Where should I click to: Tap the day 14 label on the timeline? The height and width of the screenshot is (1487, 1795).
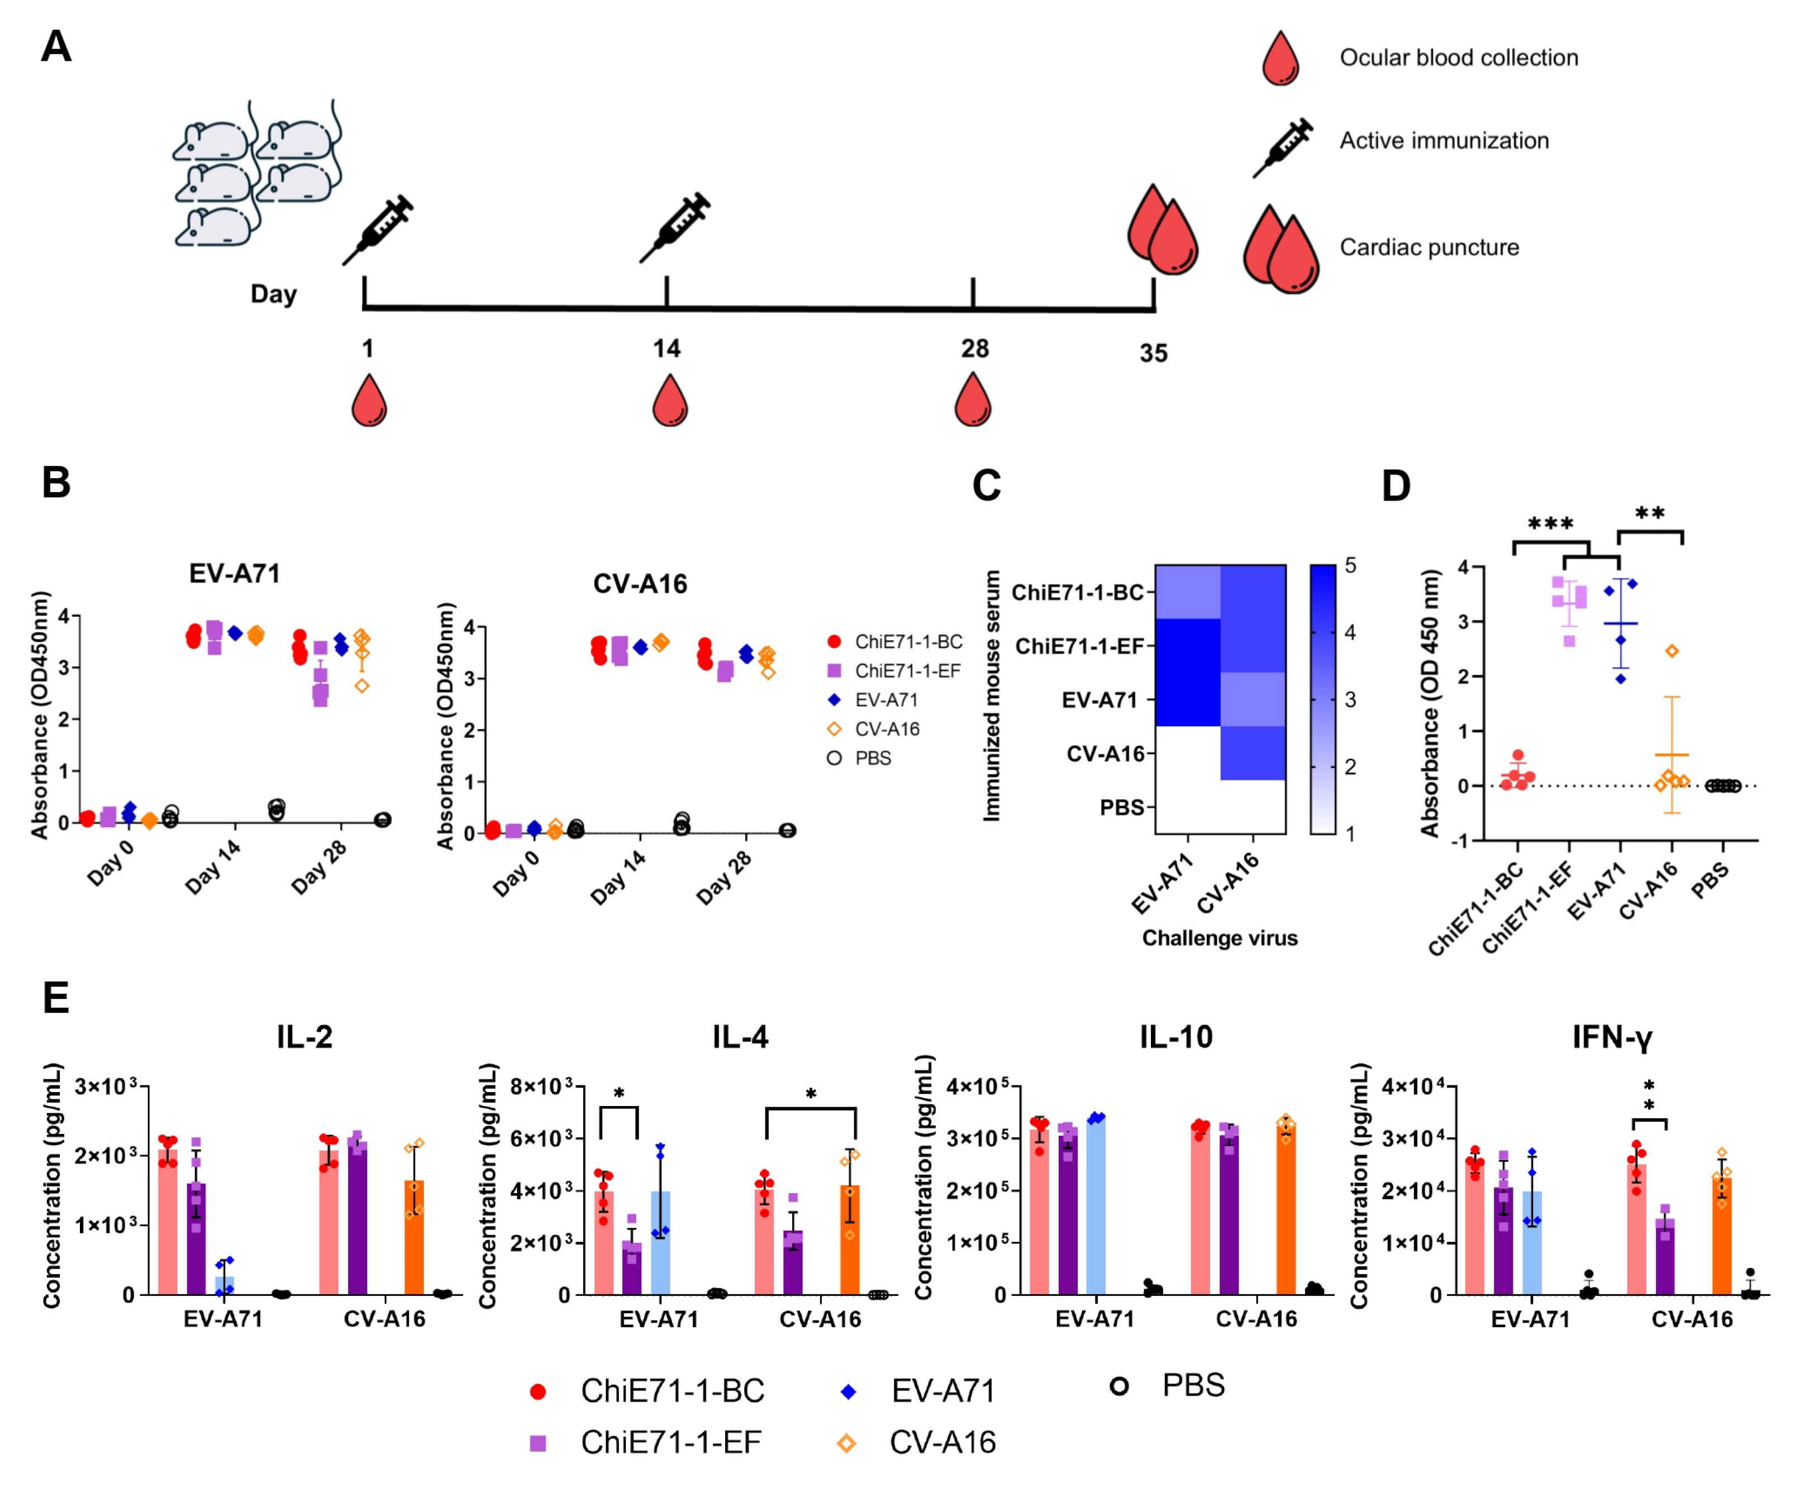(x=666, y=349)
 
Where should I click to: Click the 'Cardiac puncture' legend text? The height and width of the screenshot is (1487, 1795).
(x=1429, y=248)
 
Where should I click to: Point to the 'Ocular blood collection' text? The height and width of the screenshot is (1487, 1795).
(x=1458, y=58)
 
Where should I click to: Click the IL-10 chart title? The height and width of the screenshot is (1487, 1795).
(x=1175, y=1037)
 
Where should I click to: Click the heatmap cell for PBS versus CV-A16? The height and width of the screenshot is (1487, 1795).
(x=1253, y=807)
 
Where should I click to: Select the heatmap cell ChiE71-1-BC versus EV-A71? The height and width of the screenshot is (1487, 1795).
(x=1188, y=592)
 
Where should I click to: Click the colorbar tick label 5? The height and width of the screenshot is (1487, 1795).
(x=1350, y=566)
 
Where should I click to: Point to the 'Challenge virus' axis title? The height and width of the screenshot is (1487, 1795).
(x=1220, y=938)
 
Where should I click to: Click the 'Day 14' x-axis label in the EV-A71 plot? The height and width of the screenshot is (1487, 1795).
(x=213, y=866)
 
